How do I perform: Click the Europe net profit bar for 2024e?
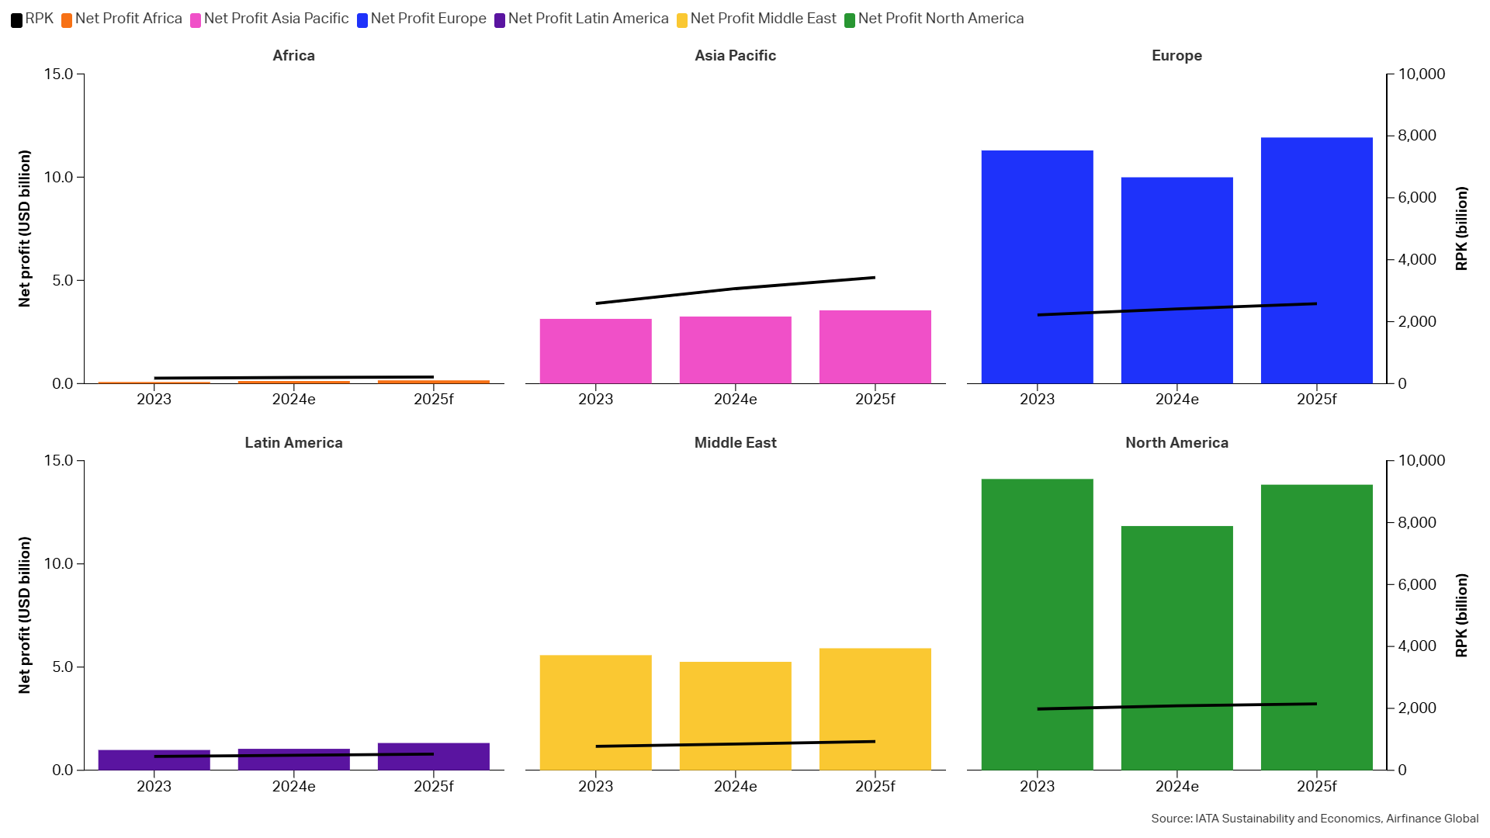click(1176, 280)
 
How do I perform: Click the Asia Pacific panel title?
click(735, 56)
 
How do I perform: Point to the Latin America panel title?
click(293, 443)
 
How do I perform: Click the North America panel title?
click(1176, 443)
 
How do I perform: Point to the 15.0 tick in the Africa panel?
click(58, 74)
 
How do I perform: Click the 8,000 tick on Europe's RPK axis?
click(1417, 136)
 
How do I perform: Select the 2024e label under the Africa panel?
click(293, 400)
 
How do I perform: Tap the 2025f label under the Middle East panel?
click(875, 787)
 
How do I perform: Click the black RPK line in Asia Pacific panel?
click(735, 289)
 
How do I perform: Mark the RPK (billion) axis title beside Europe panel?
click(1461, 229)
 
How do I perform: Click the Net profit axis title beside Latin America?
click(25, 615)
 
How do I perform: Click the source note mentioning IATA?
click(1315, 819)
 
